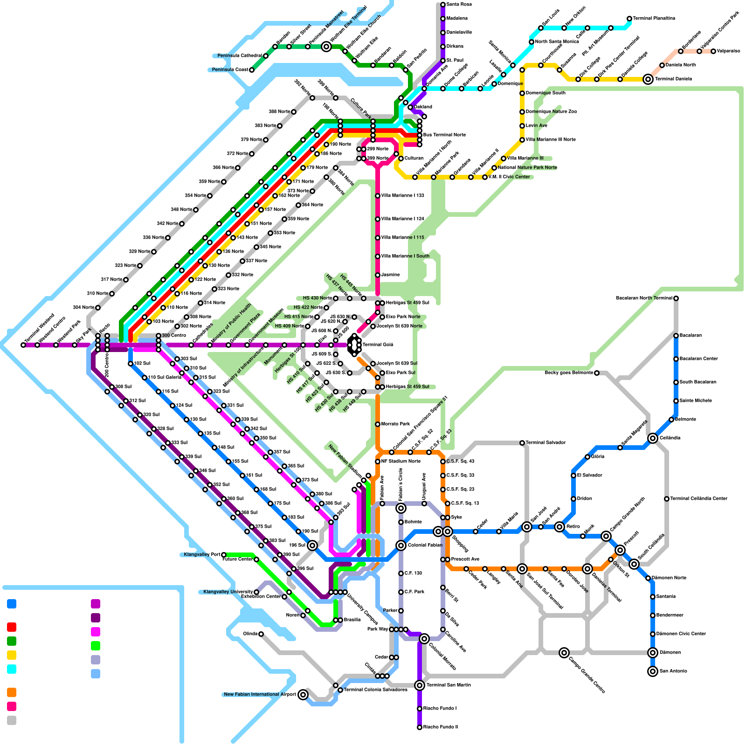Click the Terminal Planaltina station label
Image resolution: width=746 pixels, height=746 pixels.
click(654, 19)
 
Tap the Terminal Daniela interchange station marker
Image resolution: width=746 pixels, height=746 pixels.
click(648, 79)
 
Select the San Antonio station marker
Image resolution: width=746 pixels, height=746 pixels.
click(653, 671)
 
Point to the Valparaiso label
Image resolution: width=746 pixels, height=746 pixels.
click(728, 51)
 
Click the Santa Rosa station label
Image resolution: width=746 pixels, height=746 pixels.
click(459, 5)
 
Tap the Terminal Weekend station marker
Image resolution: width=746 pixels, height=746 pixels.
click(23, 345)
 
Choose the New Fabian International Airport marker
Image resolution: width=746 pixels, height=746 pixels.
click(303, 695)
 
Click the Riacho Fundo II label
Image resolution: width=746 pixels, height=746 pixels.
click(440, 727)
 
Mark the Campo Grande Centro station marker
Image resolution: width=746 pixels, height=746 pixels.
click(564, 653)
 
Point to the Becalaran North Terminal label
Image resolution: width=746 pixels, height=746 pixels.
click(644, 298)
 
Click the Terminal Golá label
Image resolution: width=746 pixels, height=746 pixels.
click(378, 345)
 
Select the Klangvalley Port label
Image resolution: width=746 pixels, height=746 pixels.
click(202, 555)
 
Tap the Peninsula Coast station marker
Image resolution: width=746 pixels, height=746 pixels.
click(252, 70)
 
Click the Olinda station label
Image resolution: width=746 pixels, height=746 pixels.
click(250, 634)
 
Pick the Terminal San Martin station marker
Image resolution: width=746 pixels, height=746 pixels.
click(420, 685)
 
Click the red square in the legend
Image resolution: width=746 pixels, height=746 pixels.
click(12, 627)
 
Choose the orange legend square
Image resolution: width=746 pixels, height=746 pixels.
click(12, 692)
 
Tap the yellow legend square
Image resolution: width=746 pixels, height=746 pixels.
click(12, 655)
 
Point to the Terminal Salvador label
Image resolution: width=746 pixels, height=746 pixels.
click(546, 443)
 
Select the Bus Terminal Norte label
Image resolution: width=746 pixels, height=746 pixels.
click(444, 135)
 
